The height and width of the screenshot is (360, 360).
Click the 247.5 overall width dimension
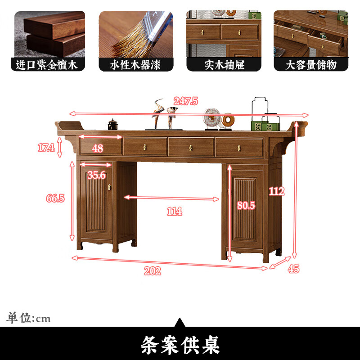pos(185,101)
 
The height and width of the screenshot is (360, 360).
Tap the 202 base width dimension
pos(153,271)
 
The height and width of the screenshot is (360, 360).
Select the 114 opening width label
pos(174,211)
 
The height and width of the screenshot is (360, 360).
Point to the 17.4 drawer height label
pos(45,148)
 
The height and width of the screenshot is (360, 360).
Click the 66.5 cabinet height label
pos(55,198)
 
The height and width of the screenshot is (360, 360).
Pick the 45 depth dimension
pos(293,269)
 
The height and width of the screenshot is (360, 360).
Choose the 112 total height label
pos(277,191)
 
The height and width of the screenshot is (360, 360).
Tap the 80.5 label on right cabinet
pos(246,206)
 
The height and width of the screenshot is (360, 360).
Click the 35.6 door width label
pos(97,175)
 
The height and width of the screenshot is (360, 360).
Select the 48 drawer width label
pos(98,148)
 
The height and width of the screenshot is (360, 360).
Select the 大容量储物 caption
pos(311,65)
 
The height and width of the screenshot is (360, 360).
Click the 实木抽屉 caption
pos(224,65)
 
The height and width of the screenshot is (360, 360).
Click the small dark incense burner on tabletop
pos(112,124)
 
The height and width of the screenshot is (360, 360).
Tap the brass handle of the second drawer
pos(146,147)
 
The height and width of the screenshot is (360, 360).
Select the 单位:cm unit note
pos(28,318)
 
